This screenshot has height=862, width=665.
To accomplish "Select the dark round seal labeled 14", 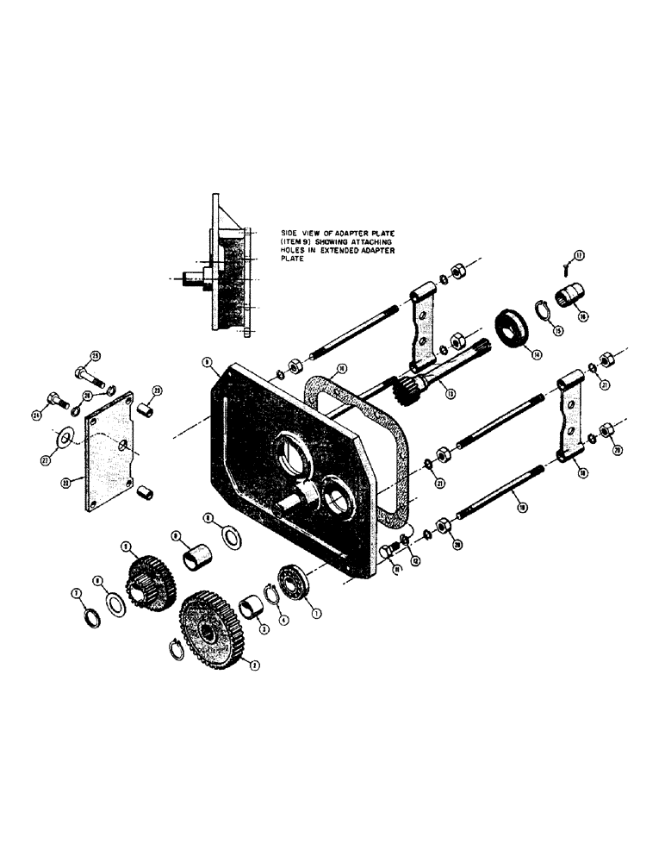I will (515, 329).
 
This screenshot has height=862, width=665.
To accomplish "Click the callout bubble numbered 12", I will (415, 560).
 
